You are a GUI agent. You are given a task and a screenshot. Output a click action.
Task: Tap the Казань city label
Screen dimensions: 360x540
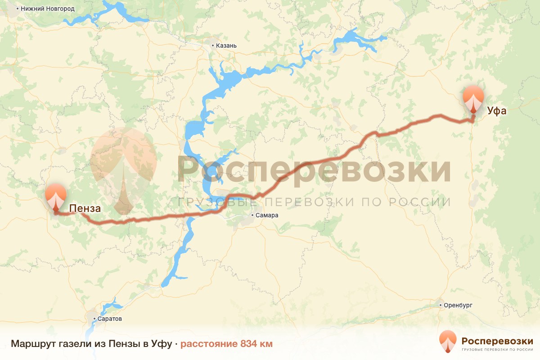[x=226, y=45]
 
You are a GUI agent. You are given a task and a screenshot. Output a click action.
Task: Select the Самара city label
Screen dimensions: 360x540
[x=267, y=215]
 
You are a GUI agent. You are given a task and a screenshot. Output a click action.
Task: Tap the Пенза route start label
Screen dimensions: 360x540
[x=85, y=208]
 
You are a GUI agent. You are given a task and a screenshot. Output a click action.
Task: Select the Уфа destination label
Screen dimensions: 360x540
[x=496, y=110]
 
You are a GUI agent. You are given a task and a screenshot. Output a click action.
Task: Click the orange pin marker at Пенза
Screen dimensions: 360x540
[x=56, y=196]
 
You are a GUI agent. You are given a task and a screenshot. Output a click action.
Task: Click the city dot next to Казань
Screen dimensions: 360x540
[x=213, y=45]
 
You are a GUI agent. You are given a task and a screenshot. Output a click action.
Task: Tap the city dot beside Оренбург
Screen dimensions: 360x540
[x=441, y=305]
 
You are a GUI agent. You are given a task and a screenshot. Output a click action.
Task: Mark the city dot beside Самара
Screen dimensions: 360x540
[x=253, y=215]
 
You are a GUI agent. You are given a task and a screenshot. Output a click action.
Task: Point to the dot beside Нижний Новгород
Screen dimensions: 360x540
[x=17, y=9]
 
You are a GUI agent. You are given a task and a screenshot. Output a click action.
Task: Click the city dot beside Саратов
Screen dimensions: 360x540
[x=95, y=319]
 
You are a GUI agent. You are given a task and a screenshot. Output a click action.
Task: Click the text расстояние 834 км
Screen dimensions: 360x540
[x=226, y=344]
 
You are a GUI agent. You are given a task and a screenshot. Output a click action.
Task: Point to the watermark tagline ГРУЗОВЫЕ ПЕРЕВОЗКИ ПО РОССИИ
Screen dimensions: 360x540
[x=314, y=202]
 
